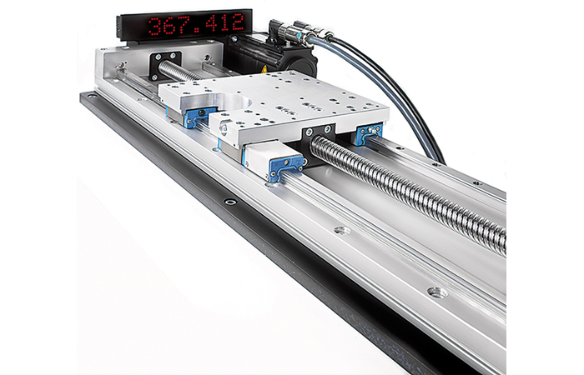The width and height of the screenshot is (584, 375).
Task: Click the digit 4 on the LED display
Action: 213,24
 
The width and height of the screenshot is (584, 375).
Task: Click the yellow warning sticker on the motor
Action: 264,69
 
